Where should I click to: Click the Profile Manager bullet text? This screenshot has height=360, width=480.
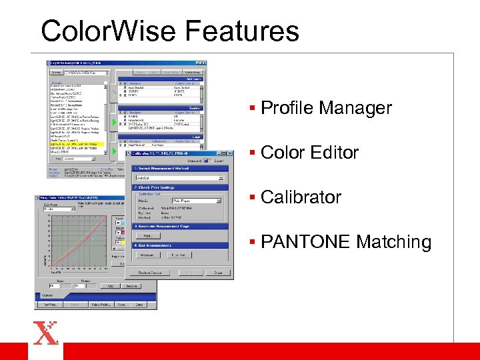(x=326, y=108)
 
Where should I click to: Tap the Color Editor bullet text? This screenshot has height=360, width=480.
(x=309, y=153)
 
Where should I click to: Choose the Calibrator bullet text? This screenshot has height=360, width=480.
(x=301, y=197)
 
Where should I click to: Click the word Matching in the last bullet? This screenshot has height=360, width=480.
(x=393, y=242)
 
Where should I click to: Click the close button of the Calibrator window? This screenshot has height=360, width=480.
(x=230, y=153)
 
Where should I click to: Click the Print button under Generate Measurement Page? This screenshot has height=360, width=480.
(x=147, y=236)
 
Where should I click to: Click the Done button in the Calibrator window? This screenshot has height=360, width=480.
(x=218, y=273)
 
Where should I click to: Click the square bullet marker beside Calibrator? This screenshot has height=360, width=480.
(x=254, y=197)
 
